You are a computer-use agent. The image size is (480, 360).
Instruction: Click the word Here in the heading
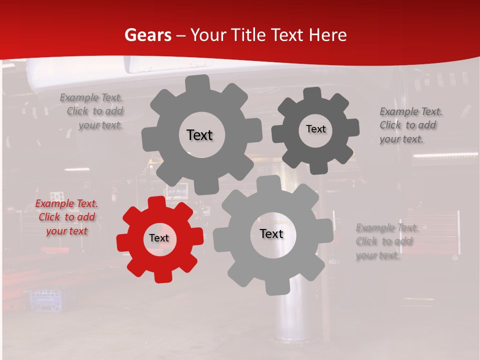327,35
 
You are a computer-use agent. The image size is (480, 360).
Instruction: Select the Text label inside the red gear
159,238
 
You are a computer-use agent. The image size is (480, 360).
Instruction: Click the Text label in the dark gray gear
315,129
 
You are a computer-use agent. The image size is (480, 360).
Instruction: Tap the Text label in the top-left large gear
199,135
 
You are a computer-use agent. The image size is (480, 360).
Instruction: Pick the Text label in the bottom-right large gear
271,234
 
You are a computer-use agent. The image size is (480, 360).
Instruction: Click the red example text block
66,217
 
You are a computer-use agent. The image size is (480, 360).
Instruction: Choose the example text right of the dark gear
410,125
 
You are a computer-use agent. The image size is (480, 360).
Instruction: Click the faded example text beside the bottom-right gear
387,241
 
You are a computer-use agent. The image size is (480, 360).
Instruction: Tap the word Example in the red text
54,204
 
